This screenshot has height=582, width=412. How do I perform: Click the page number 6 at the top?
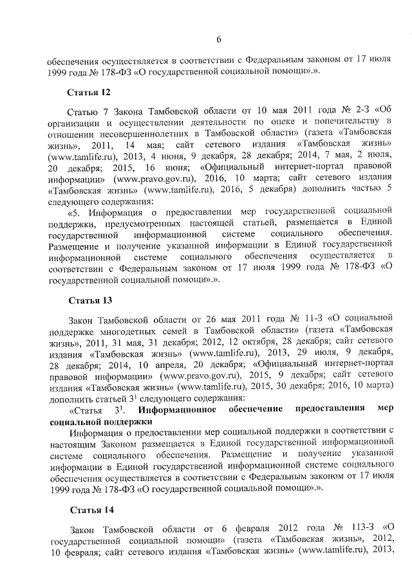(218, 39)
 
